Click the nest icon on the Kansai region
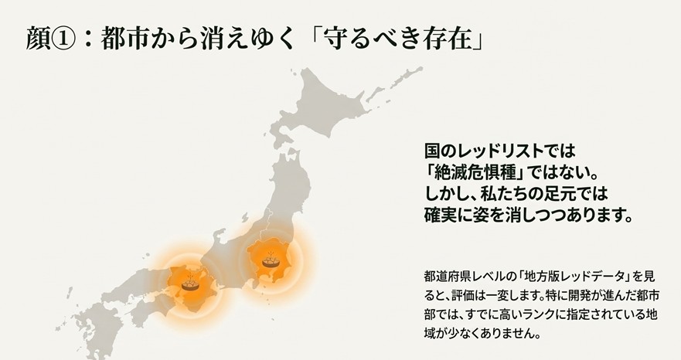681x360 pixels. click(x=189, y=284)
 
